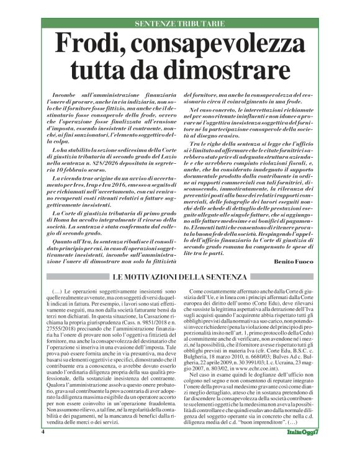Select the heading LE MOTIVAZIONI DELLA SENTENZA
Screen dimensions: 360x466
[x=180, y=277]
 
